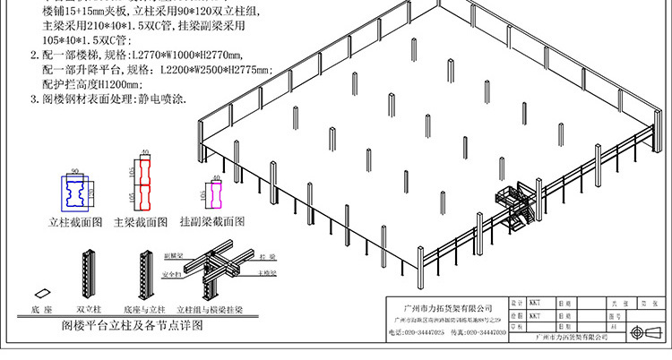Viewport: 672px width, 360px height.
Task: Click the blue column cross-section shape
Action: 75,191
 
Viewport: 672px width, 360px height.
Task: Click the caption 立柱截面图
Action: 76,221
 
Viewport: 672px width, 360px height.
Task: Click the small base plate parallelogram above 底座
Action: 41,294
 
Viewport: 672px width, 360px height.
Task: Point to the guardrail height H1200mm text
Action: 98,84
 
